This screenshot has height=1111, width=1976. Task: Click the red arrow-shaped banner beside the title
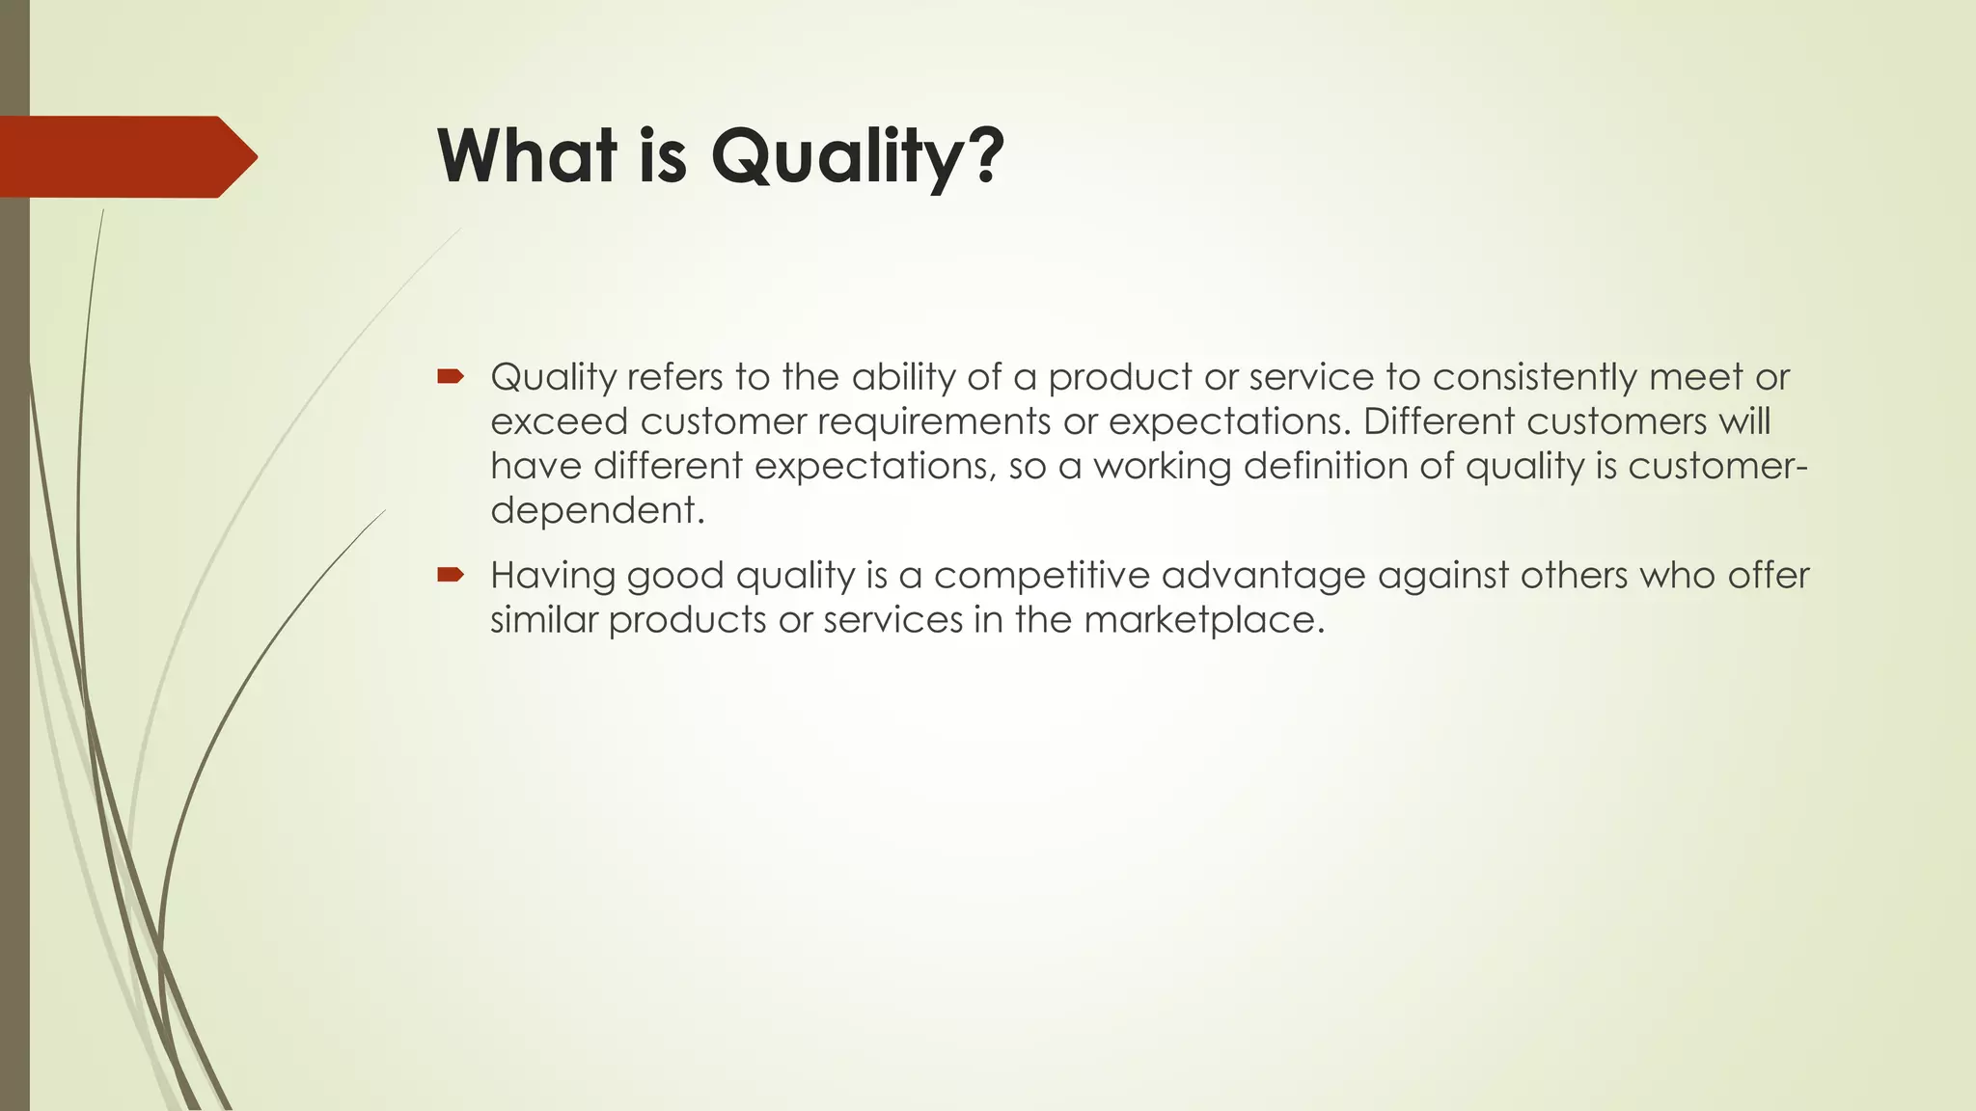pos(125,156)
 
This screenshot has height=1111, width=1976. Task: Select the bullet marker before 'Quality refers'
pos(451,376)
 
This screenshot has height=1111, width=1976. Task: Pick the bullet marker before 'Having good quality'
pos(451,575)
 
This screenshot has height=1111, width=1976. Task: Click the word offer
pos(1768,576)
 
